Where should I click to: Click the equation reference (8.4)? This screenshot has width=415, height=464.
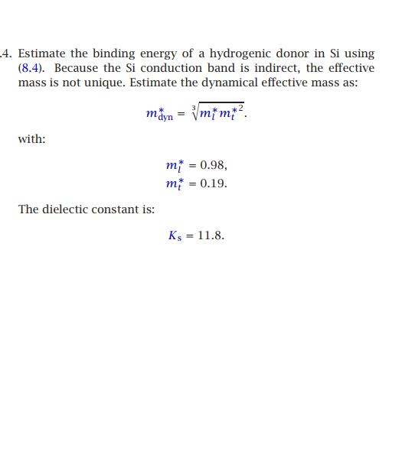[32, 68]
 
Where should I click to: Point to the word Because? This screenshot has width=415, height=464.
[81, 68]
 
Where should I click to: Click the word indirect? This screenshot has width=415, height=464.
[270, 68]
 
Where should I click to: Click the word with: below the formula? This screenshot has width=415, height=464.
[31, 139]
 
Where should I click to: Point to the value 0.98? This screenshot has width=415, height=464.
[213, 166]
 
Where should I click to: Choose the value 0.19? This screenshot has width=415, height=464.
[213, 184]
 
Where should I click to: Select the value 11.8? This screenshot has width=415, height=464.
[211, 235]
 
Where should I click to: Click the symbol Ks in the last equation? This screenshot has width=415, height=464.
[175, 235]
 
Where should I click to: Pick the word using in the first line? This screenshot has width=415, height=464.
[359, 54]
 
